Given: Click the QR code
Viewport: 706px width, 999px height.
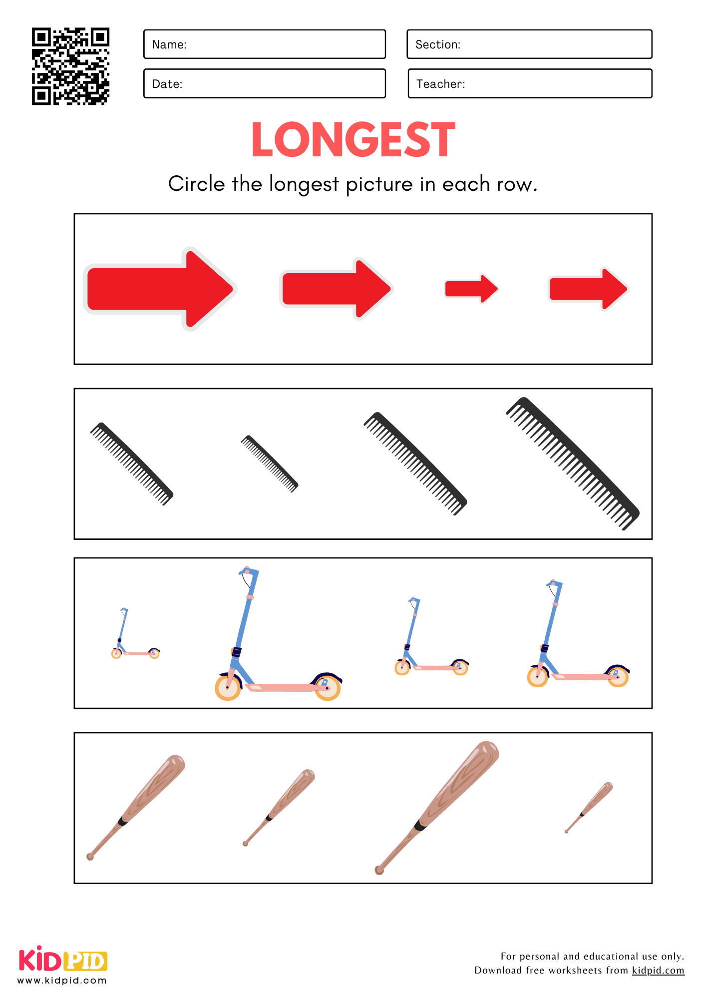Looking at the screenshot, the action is click(70, 66).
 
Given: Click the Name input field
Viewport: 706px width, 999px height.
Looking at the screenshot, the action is click(265, 44).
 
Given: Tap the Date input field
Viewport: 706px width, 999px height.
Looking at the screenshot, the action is click(265, 83).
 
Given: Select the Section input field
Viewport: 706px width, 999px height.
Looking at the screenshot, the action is click(529, 44).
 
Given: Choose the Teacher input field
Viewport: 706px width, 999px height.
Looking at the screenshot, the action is click(530, 83).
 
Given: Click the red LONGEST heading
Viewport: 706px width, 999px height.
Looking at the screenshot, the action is click(353, 140).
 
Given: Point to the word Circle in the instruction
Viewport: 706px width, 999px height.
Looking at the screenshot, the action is click(197, 184).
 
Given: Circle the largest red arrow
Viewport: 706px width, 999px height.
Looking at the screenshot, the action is click(160, 289).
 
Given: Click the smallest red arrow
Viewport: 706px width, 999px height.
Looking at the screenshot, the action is click(471, 289).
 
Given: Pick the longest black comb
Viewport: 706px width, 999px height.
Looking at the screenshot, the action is click(573, 463).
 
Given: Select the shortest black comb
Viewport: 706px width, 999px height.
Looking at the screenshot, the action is click(270, 464).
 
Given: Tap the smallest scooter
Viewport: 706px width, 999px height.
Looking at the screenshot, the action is click(135, 633).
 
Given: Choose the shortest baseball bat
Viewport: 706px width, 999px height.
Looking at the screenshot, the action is click(589, 807).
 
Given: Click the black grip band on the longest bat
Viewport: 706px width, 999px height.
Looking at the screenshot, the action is click(420, 825).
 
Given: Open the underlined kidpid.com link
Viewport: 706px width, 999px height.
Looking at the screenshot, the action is click(658, 970).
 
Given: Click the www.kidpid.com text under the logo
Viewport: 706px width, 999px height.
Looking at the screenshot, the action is click(62, 981).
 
